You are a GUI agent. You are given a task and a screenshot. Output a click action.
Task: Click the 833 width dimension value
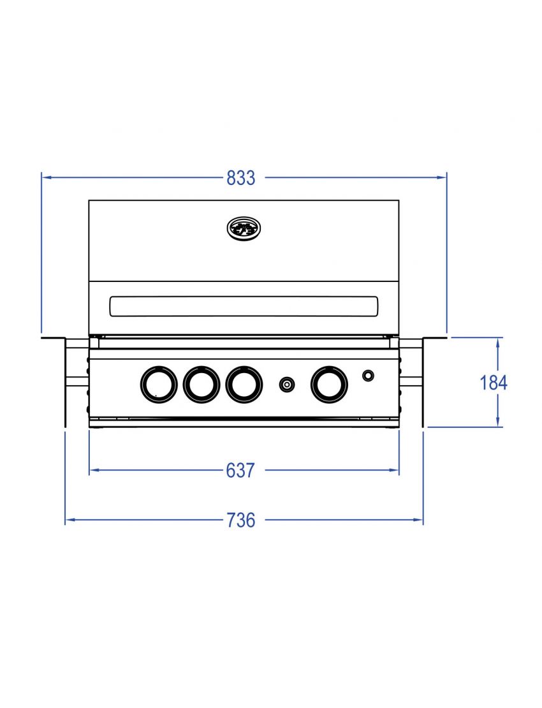(241, 178)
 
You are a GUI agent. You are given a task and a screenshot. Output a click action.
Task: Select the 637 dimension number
(241, 471)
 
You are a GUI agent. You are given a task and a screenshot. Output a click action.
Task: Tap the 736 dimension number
(241, 520)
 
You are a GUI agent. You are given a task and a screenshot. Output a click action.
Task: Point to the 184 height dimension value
(494, 383)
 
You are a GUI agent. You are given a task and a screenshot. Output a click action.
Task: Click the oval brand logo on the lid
(244, 228)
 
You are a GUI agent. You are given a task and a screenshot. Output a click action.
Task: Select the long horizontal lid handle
(244, 306)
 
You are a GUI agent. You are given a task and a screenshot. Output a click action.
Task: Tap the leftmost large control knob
(157, 384)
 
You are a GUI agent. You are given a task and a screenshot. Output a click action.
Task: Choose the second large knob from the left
(201, 384)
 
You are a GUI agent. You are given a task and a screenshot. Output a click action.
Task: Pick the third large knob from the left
(244, 384)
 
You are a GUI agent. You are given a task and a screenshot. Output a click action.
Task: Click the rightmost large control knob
(330, 384)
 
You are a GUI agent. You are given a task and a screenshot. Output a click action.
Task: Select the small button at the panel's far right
(369, 376)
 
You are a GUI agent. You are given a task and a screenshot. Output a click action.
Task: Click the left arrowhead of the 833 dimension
(46, 178)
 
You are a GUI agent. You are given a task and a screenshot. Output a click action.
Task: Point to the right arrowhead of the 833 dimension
(442, 178)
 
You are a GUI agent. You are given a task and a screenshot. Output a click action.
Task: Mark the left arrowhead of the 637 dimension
(94, 471)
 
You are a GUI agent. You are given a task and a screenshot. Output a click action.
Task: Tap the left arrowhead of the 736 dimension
(70, 520)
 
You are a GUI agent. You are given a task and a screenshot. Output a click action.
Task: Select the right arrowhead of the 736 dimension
(418, 520)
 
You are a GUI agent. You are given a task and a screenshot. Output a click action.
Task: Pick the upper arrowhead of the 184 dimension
(498, 342)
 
